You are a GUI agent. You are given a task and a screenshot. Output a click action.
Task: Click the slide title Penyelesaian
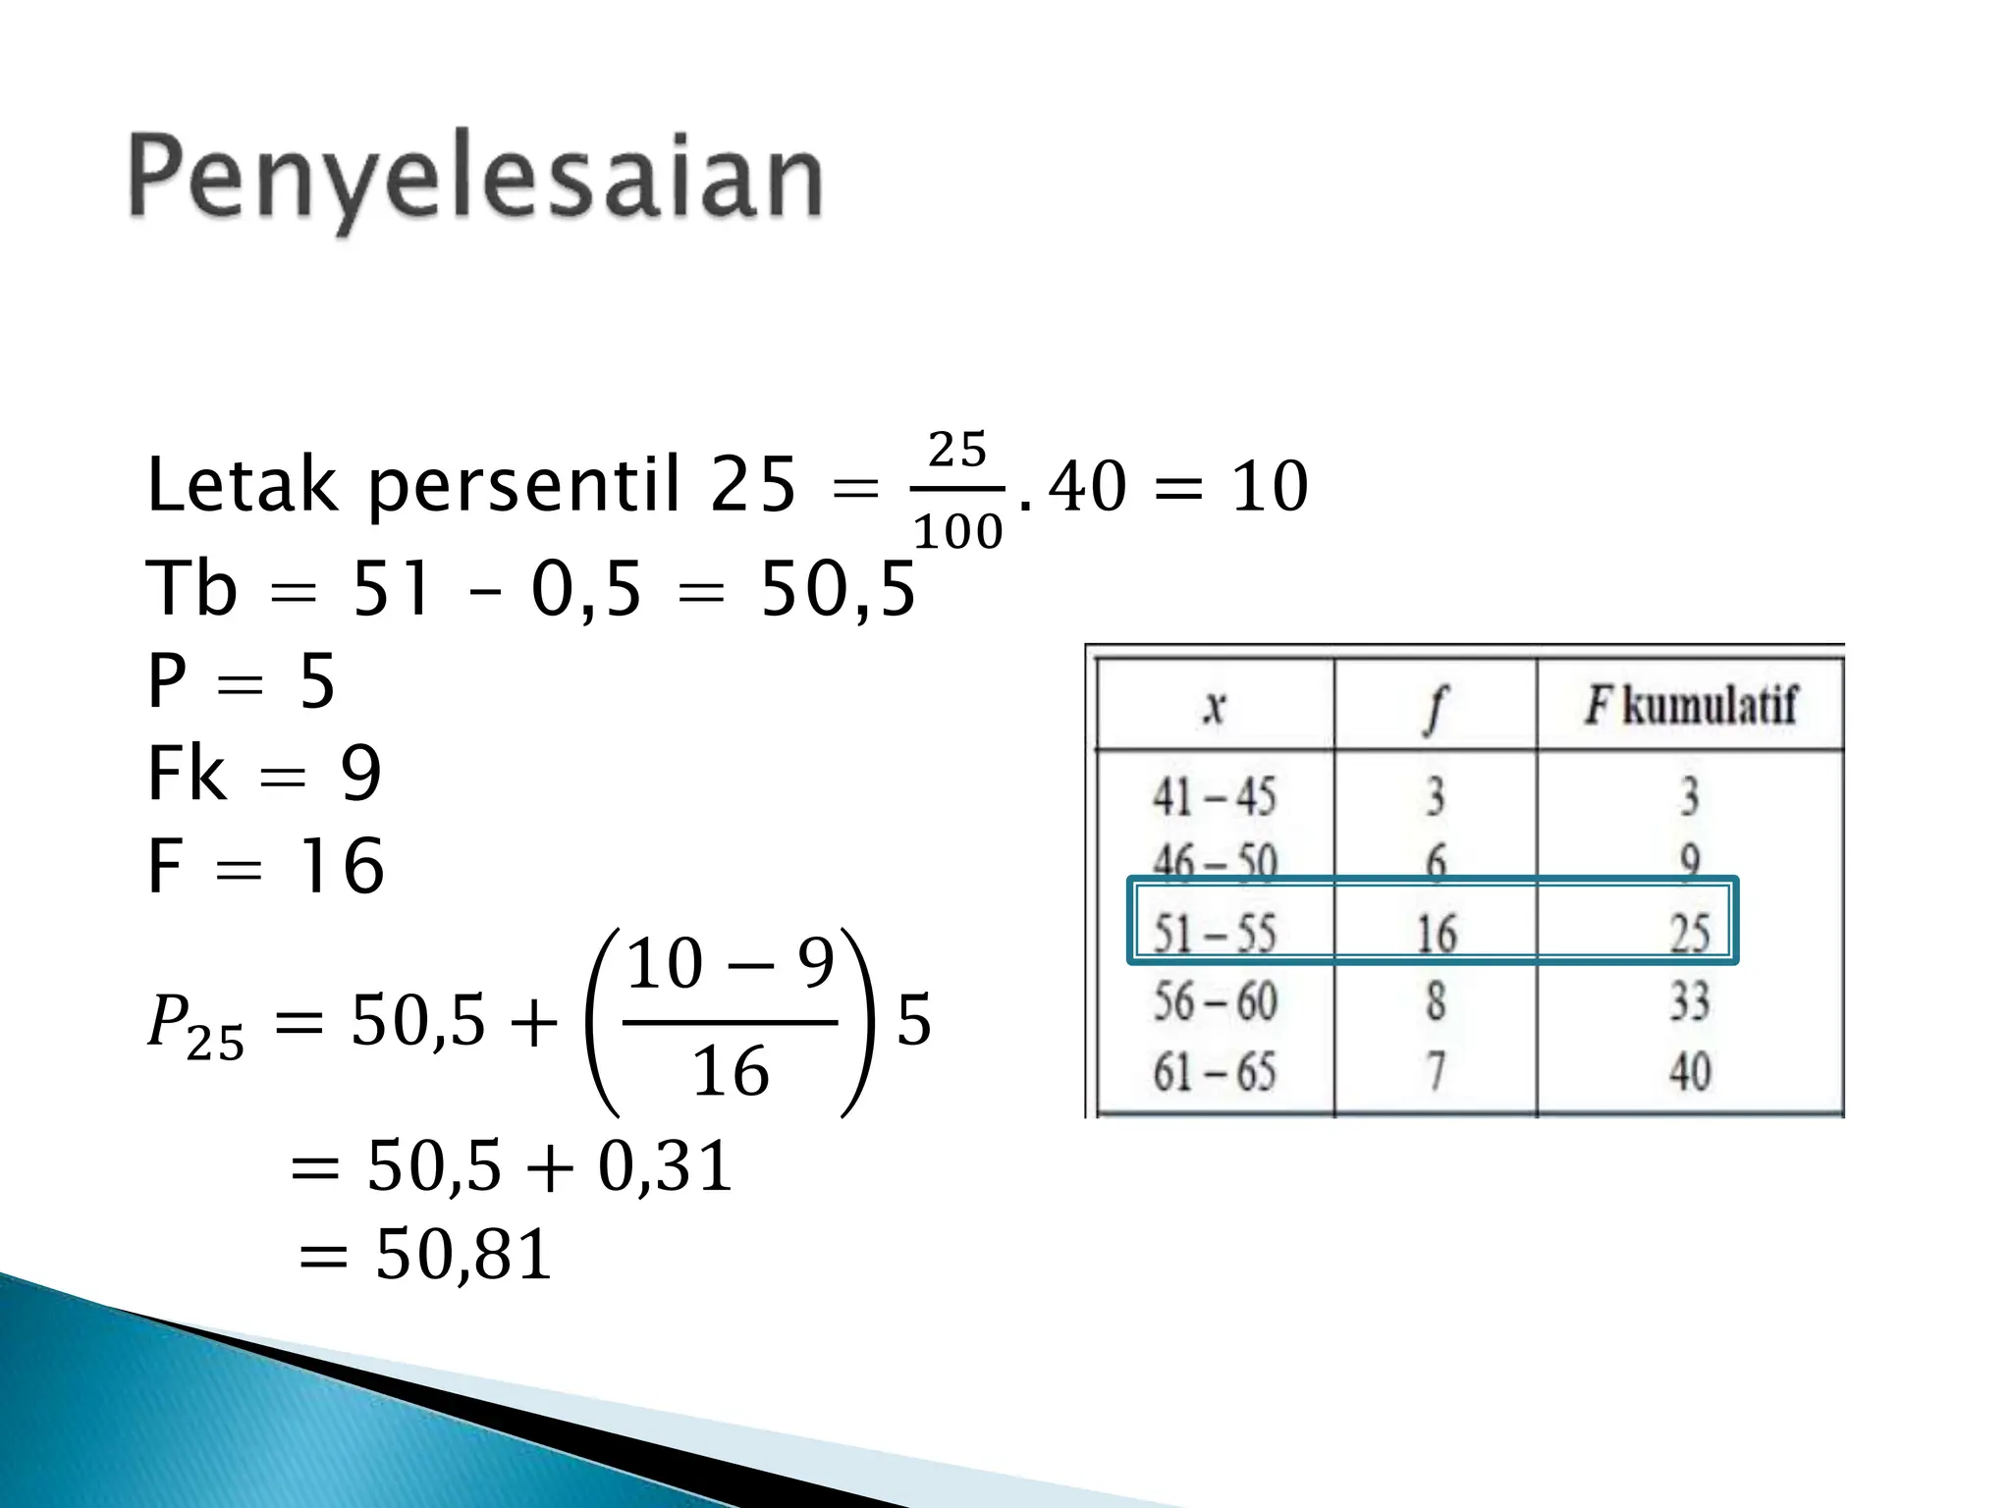(475, 180)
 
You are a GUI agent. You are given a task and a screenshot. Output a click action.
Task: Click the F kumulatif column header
(1690, 705)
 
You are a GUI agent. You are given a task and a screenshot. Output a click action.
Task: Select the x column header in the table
(1215, 705)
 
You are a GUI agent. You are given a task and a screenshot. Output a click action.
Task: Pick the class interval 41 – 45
(1215, 795)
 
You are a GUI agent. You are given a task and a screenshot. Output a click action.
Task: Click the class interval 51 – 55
(1215, 932)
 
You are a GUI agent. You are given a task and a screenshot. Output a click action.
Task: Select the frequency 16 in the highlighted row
(1436, 933)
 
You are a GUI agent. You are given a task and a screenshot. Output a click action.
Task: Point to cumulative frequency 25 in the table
(1690, 933)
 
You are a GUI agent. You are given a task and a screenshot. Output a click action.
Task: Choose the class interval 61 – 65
(1215, 1071)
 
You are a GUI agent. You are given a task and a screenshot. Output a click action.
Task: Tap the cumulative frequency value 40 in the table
(1690, 1071)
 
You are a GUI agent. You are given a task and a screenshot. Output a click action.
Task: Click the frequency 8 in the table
(1436, 1001)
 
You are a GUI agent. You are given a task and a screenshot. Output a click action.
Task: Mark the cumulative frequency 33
(1690, 1001)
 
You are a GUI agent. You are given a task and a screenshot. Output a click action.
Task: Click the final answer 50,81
(463, 1255)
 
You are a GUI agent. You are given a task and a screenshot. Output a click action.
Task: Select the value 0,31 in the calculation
(665, 1167)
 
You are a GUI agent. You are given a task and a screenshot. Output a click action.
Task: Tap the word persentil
(524, 486)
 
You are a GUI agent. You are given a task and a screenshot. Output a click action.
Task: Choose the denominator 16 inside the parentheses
(731, 1071)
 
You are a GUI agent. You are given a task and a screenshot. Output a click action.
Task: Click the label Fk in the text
(186, 775)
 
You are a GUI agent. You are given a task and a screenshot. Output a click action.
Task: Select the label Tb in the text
(191, 589)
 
